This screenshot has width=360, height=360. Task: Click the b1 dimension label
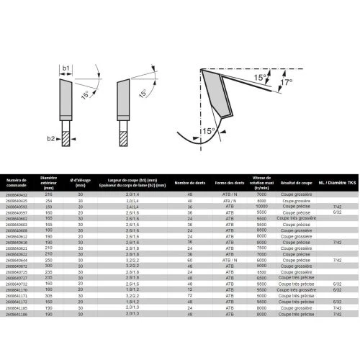pyautogui.click(x=65, y=68)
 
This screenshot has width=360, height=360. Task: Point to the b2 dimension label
pyautogui.click(x=52, y=137)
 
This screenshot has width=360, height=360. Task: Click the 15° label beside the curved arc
pyautogui.click(x=209, y=131)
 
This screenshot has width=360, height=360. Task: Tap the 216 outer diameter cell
pyautogui.click(x=49, y=194)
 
